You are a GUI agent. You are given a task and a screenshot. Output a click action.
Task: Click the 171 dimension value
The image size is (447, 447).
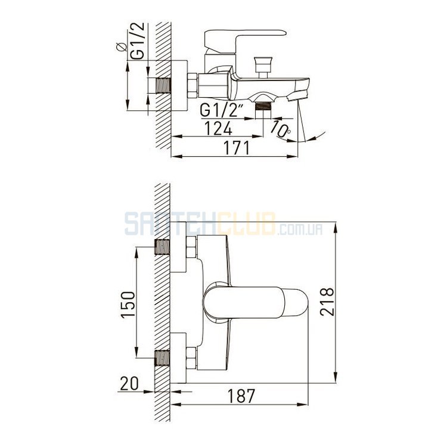pos(237,148)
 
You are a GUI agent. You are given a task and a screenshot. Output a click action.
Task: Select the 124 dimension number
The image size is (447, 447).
pos(218,128)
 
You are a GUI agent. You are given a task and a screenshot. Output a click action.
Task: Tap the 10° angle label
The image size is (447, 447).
pos(280,129)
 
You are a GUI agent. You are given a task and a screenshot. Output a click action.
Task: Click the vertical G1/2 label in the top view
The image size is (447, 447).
pos(139,41)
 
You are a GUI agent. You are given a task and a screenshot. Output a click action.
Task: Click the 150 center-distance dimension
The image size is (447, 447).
pos(128,304)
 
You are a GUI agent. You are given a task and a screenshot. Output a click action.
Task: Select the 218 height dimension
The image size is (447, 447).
pos(327,302)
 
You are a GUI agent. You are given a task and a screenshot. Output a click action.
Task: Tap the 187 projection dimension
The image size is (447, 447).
pos(241,396)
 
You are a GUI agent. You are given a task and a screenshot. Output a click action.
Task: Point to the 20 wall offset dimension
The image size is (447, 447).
pos(129,383)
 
